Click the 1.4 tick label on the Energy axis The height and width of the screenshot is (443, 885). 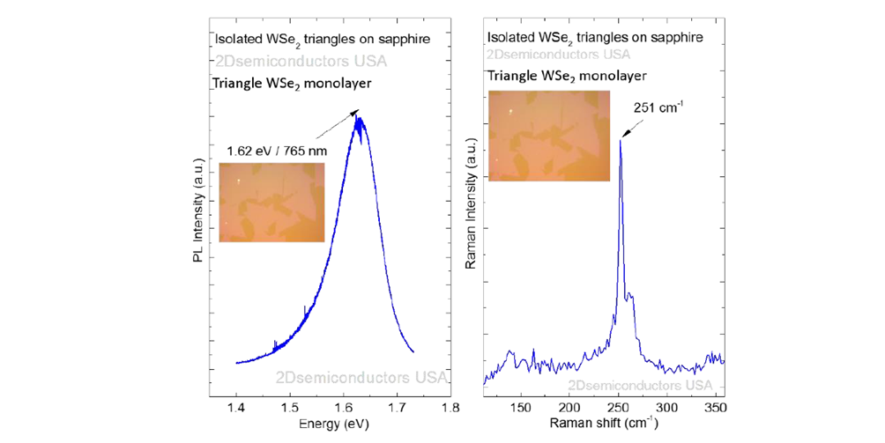point(236,410)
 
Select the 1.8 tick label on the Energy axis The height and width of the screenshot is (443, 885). point(451,410)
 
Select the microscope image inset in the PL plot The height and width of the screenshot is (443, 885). point(271,203)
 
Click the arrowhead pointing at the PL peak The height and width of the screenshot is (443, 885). point(356,112)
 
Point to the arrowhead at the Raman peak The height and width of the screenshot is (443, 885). point(624,134)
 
